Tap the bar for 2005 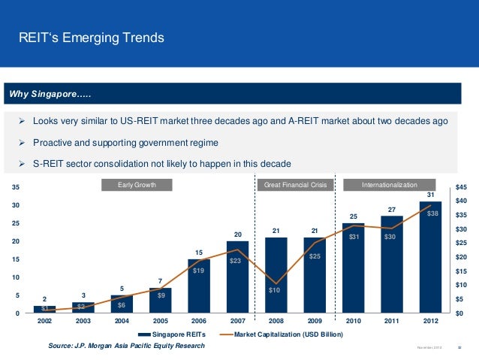[160, 300]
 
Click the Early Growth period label [137, 184]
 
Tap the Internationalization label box [390, 184]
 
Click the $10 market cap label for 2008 [275, 290]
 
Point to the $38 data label [432, 213]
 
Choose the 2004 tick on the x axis [122, 321]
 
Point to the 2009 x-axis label [314, 321]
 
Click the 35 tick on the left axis [16, 187]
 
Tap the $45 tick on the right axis [461, 187]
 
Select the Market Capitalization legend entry [282, 334]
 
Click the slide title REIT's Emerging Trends [91, 38]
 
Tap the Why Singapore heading [50, 94]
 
